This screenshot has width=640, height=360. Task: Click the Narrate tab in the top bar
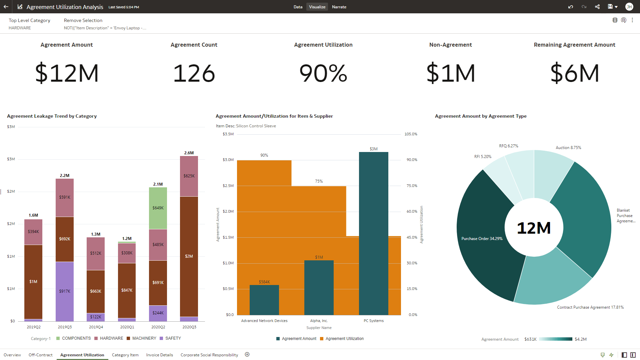[339, 7]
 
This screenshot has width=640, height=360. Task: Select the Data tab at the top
[298, 7]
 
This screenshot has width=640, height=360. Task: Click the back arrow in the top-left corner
[6, 7]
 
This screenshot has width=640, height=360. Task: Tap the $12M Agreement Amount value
[67, 73]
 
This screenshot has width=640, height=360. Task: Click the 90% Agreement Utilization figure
[323, 73]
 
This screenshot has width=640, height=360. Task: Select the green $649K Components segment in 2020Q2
[158, 208]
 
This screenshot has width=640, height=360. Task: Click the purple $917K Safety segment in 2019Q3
[65, 291]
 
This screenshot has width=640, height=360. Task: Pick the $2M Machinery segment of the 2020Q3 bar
[189, 256]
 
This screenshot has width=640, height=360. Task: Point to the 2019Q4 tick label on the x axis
[96, 327]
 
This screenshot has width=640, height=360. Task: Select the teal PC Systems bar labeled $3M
[373, 233]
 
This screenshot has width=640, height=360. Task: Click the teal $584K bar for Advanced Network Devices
[264, 300]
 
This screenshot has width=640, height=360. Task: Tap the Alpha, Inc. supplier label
[319, 321]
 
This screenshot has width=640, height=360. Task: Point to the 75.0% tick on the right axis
[412, 186]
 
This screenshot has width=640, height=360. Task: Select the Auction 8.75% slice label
[568, 148]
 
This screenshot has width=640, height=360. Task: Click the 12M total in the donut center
[534, 228]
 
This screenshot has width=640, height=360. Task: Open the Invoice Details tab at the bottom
[159, 355]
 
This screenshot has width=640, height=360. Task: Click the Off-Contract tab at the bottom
[40, 355]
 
